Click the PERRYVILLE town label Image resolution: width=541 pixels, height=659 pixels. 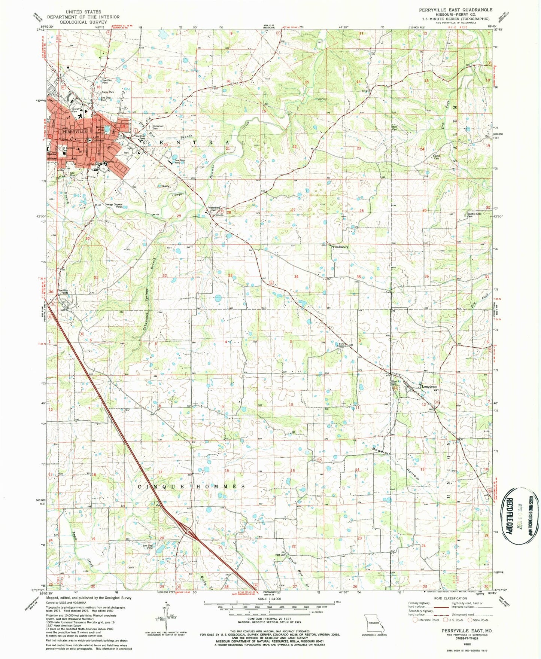point(70,132)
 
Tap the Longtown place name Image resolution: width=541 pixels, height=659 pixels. point(429,387)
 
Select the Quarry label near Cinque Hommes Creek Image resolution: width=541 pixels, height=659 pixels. point(166,186)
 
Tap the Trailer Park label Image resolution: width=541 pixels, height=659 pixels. point(107,92)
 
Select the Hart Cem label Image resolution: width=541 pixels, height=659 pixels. point(280,555)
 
